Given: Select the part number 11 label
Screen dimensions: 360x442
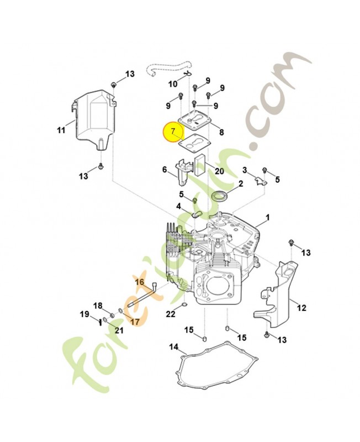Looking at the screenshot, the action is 61,130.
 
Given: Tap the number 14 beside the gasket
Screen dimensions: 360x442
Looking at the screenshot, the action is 174,346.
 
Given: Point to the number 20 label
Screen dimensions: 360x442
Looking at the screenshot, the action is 219,171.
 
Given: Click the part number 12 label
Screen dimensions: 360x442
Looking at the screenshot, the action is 301,308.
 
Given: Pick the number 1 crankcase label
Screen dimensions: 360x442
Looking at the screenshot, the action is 268,218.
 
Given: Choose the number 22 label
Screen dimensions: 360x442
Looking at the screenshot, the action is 171,314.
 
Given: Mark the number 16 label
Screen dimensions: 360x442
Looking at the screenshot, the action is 140,282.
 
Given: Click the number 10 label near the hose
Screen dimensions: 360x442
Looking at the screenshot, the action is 173,84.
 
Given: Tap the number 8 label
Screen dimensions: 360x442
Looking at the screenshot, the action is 221,132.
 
